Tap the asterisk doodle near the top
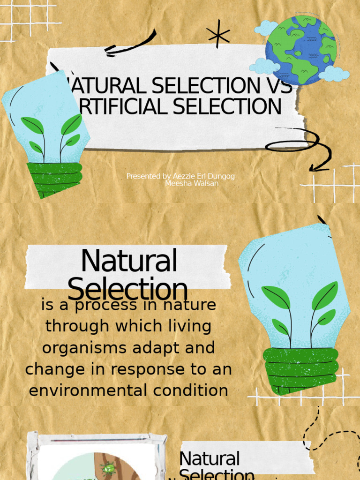coord(218,34)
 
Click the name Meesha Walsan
coord(192,183)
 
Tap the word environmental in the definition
coord(87,390)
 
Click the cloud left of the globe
coord(266,28)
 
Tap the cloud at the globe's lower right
coord(334,74)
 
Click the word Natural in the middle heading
coord(129,261)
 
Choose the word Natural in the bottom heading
coord(210,459)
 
